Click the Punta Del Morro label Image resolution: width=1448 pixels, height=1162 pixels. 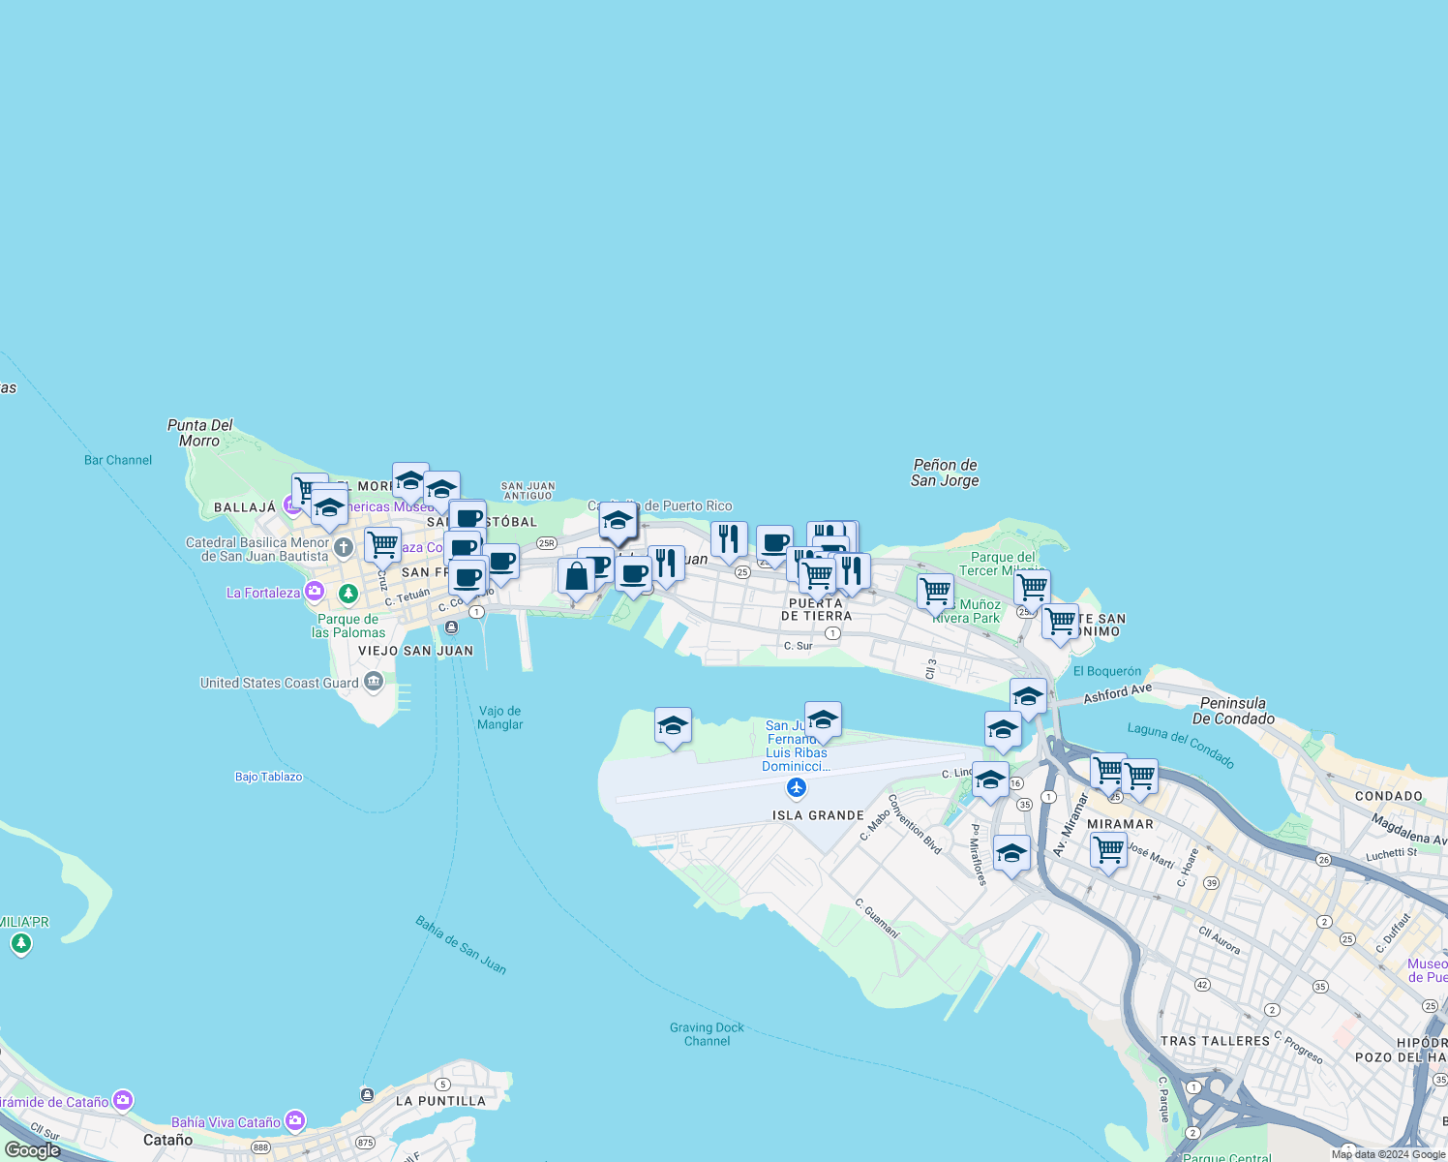click(x=200, y=433)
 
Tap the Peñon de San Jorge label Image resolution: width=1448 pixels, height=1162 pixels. click(x=945, y=473)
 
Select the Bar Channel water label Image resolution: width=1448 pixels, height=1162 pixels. click(x=118, y=460)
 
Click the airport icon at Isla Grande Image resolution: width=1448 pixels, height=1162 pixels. click(x=797, y=788)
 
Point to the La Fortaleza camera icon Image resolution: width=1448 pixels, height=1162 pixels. click(x=314, y=592)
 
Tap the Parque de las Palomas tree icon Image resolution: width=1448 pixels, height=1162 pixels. click(x=348, y=593)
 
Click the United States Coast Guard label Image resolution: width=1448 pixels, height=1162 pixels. click(x=280, y=683)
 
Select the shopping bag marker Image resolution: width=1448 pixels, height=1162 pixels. click(x=576, y=578)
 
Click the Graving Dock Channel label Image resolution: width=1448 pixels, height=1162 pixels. click(x=708, y=1034)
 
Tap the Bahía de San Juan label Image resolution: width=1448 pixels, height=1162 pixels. click(x=461, y=945)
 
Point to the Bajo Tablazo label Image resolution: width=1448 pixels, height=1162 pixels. click(x=268, y=777)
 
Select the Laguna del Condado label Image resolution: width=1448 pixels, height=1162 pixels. click(x=1181, y=746)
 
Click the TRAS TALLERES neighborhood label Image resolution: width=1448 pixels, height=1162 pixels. click(x=1215, y=1041)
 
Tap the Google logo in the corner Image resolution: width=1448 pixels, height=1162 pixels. click(x=33, y=1149)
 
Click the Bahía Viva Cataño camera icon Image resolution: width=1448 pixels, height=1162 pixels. click(x=295, y=1121)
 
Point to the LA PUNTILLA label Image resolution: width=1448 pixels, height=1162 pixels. click(x=440, y=1101)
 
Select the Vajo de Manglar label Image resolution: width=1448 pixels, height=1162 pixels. click(x=500, y=718)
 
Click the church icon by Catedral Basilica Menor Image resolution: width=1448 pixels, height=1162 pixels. click(x=344, y=549)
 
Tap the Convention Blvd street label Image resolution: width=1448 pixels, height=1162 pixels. click(x=915, y=824)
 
